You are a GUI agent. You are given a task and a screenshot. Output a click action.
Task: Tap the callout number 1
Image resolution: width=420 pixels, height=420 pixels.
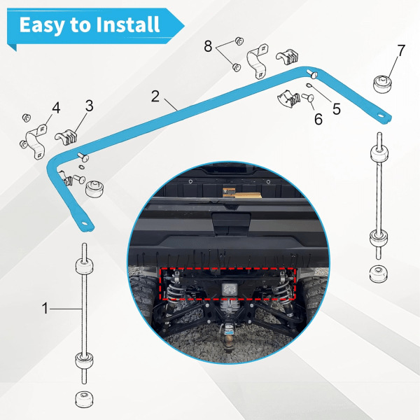[x=45, y=308]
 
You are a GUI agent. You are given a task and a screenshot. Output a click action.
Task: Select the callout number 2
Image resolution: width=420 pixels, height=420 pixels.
[x=155, y=96]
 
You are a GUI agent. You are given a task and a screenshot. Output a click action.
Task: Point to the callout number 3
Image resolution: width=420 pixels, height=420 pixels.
[x=89, y=106]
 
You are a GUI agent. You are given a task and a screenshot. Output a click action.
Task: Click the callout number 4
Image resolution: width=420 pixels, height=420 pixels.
[x=56, y=108]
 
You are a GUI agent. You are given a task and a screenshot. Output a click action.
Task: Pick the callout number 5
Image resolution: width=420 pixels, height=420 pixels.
[x=337, y=109]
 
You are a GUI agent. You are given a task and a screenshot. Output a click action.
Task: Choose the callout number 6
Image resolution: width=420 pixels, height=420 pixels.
[x=318, y=119]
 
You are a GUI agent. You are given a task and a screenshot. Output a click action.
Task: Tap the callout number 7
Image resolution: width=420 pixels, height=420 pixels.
[x=401, y=50]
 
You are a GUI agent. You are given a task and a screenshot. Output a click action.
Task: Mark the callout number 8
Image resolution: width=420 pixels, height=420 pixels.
[x=208, y=46]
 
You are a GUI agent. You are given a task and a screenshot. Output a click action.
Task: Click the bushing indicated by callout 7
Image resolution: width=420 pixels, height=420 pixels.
[x=381, y=85]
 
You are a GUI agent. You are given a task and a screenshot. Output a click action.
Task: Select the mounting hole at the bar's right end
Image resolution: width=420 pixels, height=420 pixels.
[x=380, y=115]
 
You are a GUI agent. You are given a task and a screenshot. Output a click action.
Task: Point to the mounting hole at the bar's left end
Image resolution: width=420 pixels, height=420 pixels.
[x=85, y=223]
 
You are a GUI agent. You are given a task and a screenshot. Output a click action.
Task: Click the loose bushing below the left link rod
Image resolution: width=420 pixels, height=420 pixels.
[x=84, y=400]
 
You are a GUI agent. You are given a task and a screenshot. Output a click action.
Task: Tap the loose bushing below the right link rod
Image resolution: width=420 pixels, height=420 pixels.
[x=378, y=274]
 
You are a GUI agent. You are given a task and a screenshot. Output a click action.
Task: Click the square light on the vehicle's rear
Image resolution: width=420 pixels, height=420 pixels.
[x=230, y=289]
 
